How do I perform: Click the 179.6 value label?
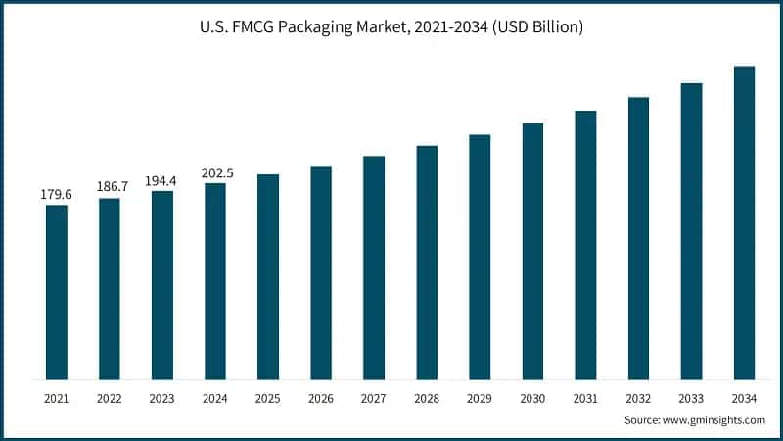(57, 193)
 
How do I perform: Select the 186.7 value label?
(110, 186)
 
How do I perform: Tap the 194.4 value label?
(162, 179)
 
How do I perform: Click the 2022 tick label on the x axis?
(110, 400)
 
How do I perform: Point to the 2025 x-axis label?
(268, 400)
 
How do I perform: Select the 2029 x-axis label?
(480, 400)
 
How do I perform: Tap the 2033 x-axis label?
(691, 400)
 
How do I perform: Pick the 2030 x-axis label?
(532, 400)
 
